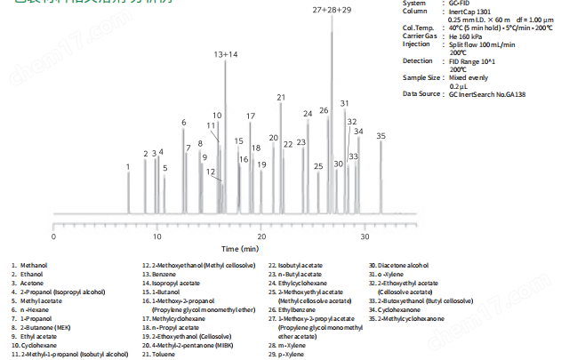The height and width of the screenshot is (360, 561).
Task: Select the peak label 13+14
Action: [225, 55]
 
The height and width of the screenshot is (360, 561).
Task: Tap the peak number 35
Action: [381, 136]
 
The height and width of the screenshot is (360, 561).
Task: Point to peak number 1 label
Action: [128, 166]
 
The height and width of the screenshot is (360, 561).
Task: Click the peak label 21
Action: [281, 97]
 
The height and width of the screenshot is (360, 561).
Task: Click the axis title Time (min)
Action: [241, 250]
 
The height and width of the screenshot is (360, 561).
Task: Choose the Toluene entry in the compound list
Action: [159, 354]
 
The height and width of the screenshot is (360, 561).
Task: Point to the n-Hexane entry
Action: [34, 309]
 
